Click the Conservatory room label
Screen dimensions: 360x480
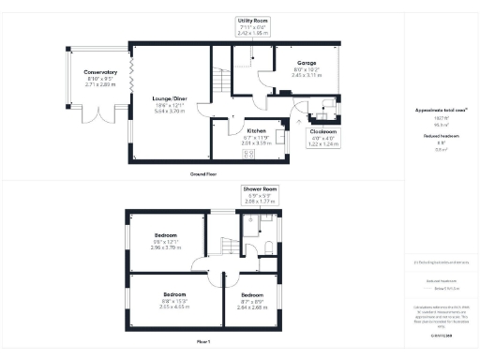point(99,72)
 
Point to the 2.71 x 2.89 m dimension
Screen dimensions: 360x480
point(99,83)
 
